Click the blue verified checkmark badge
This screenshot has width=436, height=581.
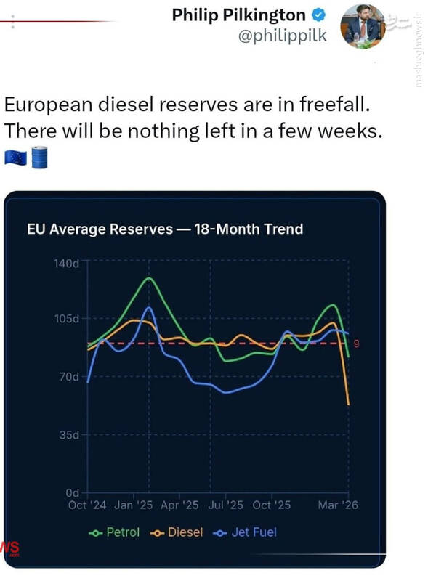[x=318, y=15]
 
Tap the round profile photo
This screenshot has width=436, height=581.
[x=363, y=26]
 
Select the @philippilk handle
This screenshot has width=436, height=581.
[x=282, y=36]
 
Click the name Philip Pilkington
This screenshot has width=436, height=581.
[x=239, y=15]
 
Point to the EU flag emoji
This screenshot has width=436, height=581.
[x=15, y=158]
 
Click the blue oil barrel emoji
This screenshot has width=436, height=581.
[x=39, y=158]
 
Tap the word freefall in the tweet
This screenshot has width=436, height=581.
[x=335, y=104]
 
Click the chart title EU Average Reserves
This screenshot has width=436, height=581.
[x=100, y=229]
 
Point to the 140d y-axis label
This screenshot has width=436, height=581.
[x=66, y=264]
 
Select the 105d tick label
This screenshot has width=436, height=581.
[x=67, y=318]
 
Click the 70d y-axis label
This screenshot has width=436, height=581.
[x=69, y=377]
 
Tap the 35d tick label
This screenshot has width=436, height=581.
[x=69, y=434]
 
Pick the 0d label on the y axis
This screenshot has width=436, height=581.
[x=72, y=493]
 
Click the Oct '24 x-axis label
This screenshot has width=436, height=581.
[x=87, y=505]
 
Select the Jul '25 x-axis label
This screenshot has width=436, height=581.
[x=225, y=505]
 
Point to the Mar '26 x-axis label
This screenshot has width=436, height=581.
[x=338, y=505]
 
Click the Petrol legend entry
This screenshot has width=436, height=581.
[x=114, y=532]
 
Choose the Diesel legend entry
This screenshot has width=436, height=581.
[x=177, y=532]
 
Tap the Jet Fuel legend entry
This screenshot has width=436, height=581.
[x=245, y=532]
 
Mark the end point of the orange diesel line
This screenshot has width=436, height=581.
[x=349, y=405]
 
